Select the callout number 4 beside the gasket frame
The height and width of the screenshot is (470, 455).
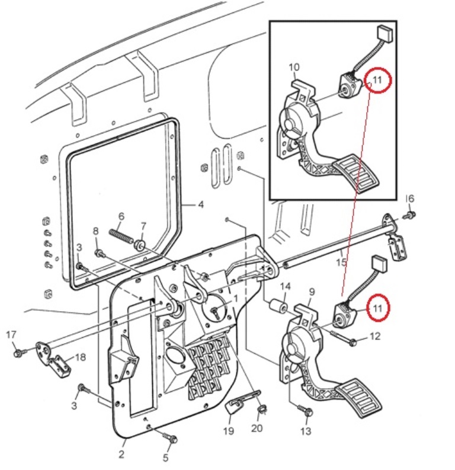(x=200, y=205)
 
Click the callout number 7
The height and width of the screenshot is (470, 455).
(x=142, y=226)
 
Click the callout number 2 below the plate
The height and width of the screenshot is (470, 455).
(x=121, y=455)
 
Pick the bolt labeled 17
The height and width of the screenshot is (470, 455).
(x=18, y=353)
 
